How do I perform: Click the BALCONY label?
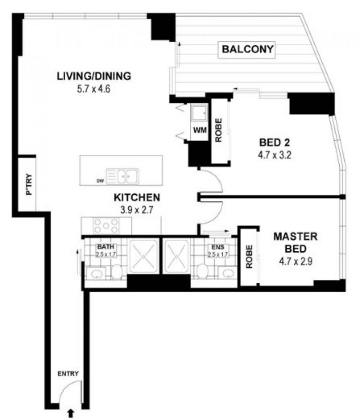point(247,49)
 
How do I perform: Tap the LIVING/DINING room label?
point(94,76)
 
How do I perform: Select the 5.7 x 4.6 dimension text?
point(94,89)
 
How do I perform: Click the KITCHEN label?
point(137,197)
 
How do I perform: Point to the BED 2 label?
point(275,142)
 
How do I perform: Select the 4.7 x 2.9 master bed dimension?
point(296,261)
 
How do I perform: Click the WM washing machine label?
point(200,130)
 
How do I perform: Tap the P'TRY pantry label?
point(28,184)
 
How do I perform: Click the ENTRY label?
point(68,373)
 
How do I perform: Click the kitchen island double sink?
point(123,177)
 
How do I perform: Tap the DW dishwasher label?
point(100,181)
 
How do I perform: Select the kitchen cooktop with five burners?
point(106,226)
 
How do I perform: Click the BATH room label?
point(106,246)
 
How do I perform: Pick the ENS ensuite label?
point(218,247)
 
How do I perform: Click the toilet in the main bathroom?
point(117,272)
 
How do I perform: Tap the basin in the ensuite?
point(228,274)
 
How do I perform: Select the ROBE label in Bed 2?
point(218,130)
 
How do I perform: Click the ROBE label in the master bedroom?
point(249,257)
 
